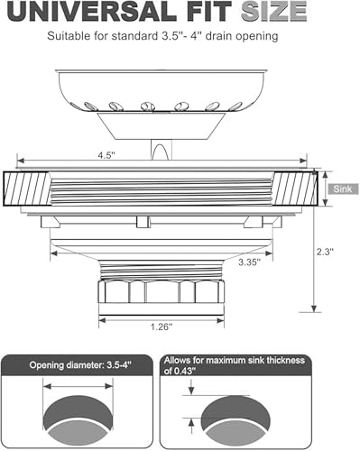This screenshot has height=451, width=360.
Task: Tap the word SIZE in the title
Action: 273,11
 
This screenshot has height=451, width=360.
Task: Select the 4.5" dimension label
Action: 106,155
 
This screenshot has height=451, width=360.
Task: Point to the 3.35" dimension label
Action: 249,262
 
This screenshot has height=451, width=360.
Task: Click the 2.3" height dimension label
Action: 325,252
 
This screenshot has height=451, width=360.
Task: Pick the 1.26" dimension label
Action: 162,327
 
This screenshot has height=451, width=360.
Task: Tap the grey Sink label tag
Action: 343,189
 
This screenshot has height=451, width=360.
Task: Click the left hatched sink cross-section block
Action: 26,189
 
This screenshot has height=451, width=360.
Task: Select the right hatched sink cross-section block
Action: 295,189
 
